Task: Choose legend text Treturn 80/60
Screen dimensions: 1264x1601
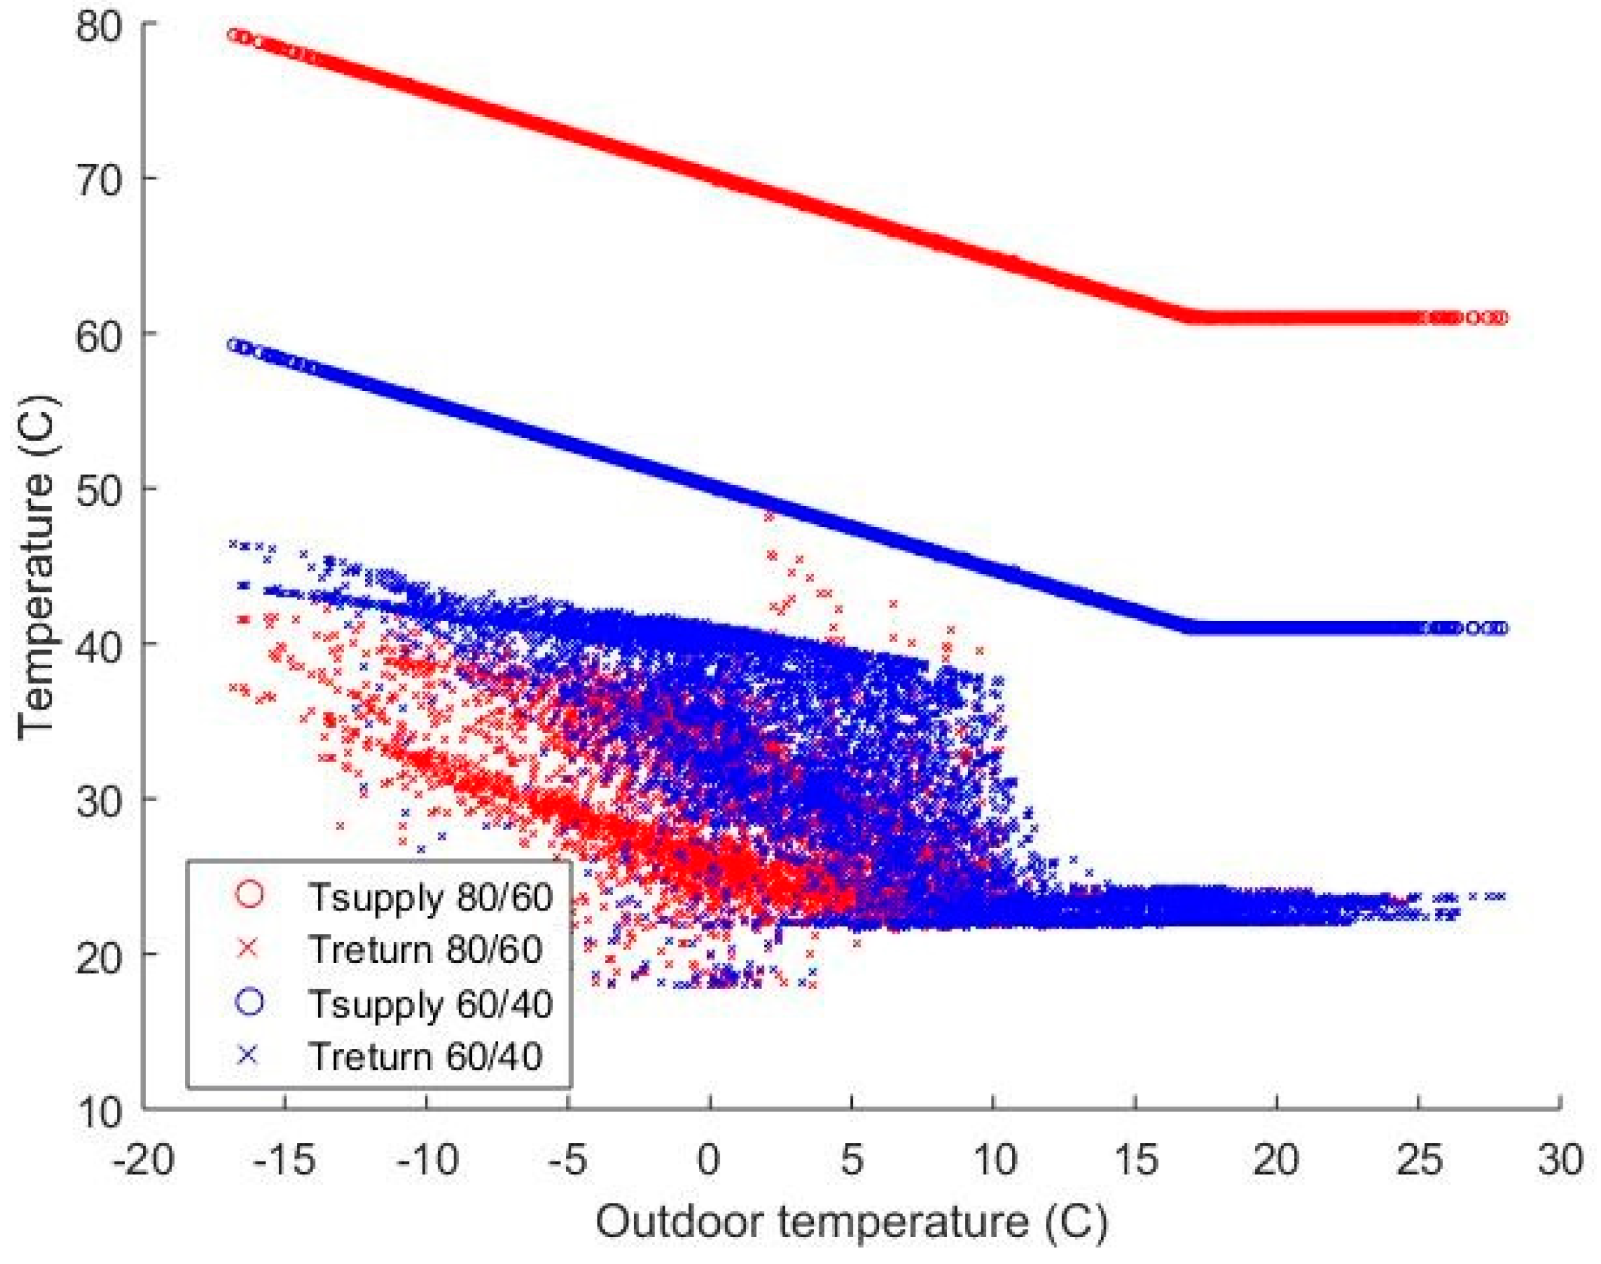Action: tap(425, 950)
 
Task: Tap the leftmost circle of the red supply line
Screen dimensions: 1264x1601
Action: tap(234, 35)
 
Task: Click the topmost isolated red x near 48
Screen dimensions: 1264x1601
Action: tap(768, 517)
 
